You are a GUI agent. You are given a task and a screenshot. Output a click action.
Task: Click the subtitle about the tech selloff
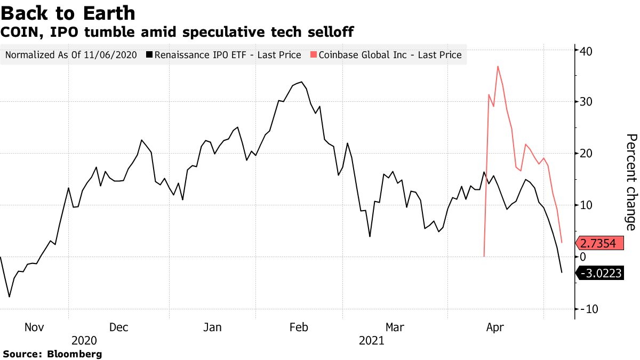pos(178,32)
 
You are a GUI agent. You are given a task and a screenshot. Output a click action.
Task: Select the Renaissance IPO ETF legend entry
pos(224,55)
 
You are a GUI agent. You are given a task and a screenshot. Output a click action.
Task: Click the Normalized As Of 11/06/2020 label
pos(71,55)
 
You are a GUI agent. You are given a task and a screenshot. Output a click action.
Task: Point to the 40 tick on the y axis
pos(587,51)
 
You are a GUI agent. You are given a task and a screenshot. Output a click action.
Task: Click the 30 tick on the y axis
pos(587,101)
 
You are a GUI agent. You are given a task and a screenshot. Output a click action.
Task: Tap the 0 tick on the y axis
pos(583,257)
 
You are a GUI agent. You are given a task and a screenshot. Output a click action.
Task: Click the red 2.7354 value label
pos(598,244)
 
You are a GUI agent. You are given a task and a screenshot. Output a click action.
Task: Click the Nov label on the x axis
pos(34,327)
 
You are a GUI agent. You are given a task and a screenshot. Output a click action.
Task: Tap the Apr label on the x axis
pos(495,327)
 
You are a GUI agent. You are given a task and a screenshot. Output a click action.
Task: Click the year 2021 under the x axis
pos(372,340)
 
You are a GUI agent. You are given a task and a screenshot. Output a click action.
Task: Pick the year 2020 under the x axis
pos(84,340)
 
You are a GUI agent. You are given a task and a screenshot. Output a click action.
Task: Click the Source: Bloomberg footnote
pos(52,354)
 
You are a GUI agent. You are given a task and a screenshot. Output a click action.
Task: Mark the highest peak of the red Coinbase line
pos(498,66)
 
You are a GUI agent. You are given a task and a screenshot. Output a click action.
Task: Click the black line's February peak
pos(301,82)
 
